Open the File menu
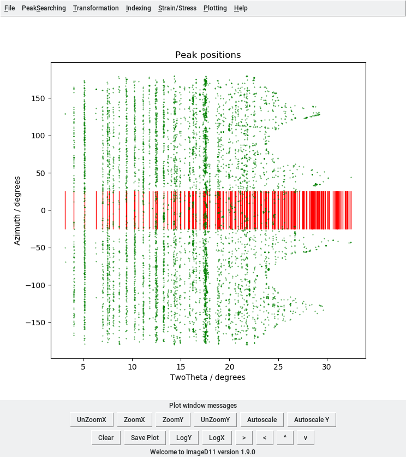click(x=10, y=8)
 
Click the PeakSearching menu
click(x=44, y=8)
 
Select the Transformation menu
click(x=95, y=8)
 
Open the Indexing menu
click(x=138, y=8)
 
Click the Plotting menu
click(x=215, y=8)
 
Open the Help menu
click(x=241, y=8)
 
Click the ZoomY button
click(x=173, y=420)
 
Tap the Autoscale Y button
click(x=312, y=420)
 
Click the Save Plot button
click(x=145, y=438)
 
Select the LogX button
click(x=217, y=438)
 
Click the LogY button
click(x=184, y=438)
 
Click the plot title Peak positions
click(x=207, y=55)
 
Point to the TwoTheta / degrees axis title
click(x=207, y=377)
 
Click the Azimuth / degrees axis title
click(x=17, y=210)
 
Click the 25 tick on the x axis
click(x=278, y=367)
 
